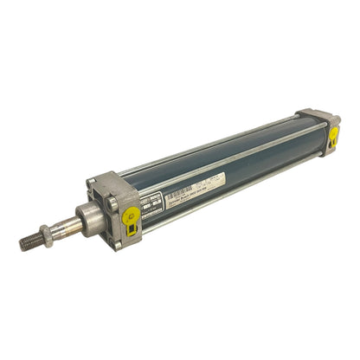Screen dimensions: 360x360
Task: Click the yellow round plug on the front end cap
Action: [132, 215]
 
